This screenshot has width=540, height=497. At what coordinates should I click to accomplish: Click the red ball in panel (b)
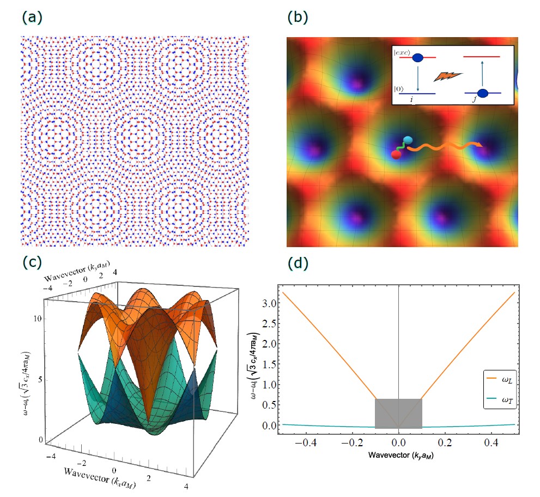(x=397, y=154)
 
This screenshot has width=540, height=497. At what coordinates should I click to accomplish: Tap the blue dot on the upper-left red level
(x=418, y=57)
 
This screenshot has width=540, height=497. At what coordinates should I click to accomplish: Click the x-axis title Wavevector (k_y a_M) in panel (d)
(x=399, y=454)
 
